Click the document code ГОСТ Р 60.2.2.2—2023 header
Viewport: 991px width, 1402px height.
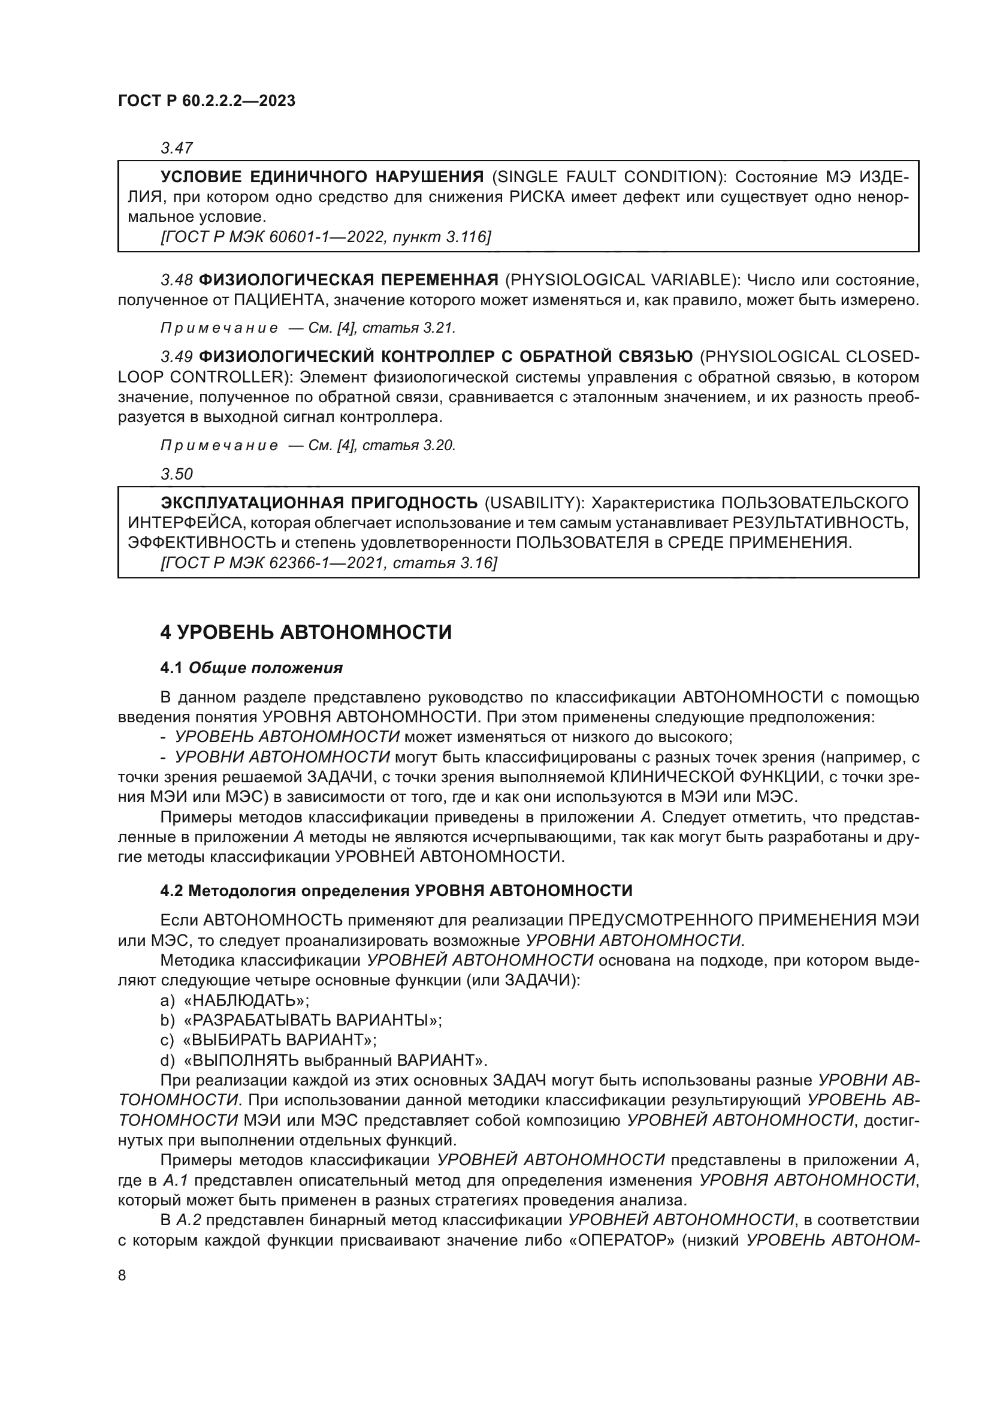[x=206, y=101]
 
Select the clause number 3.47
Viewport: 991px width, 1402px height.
[x=176, y=148]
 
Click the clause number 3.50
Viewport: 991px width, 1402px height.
[x=176, y=474]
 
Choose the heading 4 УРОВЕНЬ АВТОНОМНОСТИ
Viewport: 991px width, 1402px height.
[x=306, y=632]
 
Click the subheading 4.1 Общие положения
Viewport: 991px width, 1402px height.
[x=252, y=668]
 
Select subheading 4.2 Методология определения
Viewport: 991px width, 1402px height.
[x=396, y=891]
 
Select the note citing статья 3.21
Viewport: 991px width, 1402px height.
[x=308, y=328]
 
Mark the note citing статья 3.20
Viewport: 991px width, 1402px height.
[x=308, y=445]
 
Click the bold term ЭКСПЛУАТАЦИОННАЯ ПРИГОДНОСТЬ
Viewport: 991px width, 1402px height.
[x=319, y=503]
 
